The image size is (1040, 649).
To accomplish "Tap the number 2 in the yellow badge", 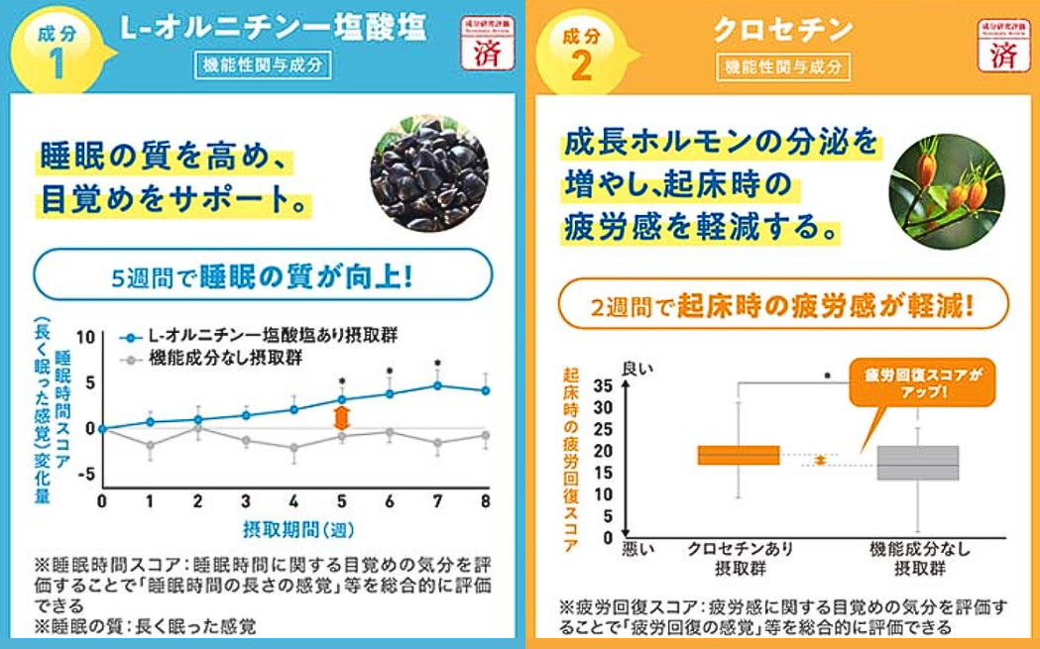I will (x=581, y=66).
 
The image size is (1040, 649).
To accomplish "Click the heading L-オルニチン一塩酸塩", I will (x=273, y=29).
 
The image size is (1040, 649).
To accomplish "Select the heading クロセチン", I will (x=783, y=29).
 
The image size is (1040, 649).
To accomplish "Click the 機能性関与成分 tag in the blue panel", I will (x=262, y=66).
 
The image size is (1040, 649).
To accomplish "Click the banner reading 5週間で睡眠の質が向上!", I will (x=262, y=273).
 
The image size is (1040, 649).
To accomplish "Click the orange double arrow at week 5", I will (x=342, y=417).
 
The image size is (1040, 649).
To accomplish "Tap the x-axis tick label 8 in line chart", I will (x=485, y=501).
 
